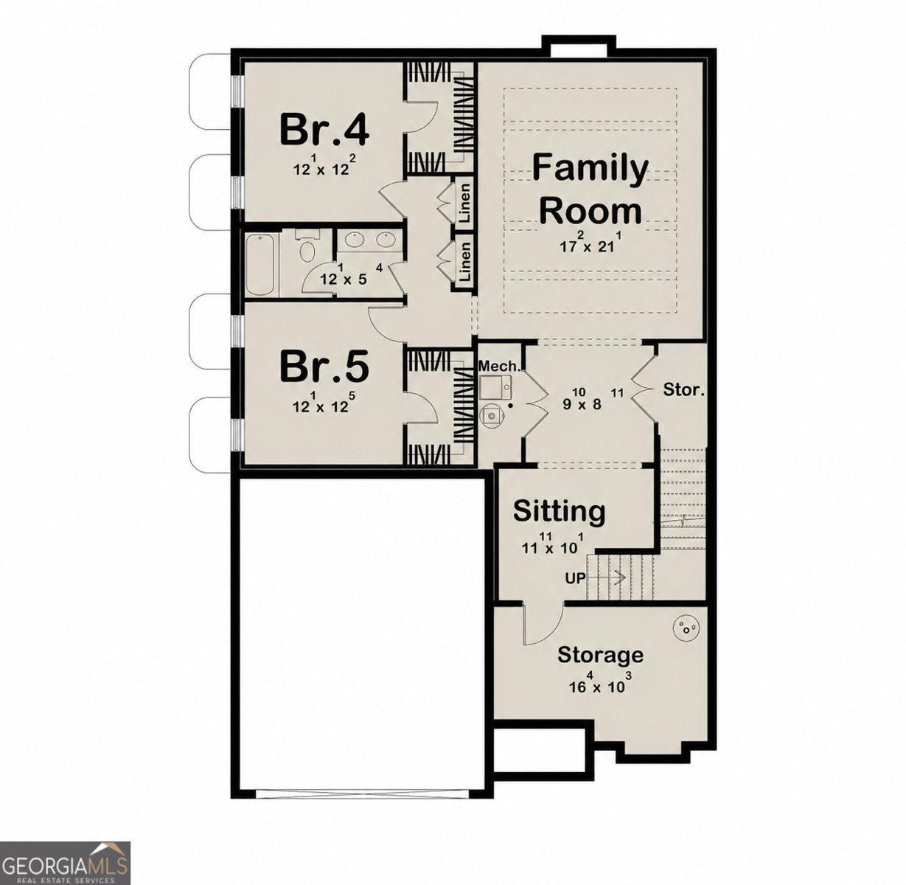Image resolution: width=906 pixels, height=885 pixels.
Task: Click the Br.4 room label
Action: (324, 130)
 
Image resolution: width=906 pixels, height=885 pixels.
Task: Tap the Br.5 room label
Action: (324, 367)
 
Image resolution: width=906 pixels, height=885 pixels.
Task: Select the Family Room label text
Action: (590, 190)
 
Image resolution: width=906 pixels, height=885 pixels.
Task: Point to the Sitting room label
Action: (559, 511)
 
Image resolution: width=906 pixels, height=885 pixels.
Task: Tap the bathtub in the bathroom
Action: (259, 265)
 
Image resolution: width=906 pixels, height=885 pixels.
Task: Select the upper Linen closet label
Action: (464, 203)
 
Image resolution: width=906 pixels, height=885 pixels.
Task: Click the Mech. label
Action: (498, 366)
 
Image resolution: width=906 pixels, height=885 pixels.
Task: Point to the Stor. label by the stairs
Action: (683, 389)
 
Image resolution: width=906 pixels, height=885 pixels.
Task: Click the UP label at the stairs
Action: (575, 578)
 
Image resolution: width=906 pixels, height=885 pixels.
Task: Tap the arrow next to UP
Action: (606, 578)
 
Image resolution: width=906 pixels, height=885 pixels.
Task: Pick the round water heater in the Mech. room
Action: (490, 413)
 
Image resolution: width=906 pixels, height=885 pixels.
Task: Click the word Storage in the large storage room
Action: (601, 655)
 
